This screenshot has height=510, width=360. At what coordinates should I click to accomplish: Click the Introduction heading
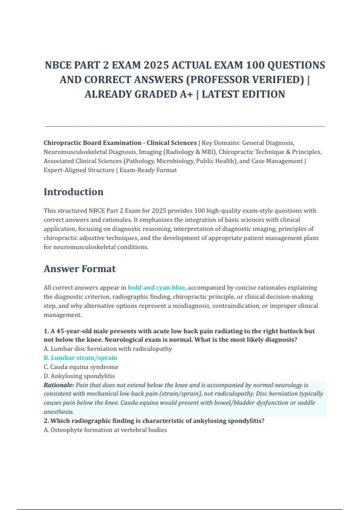click(73, 192)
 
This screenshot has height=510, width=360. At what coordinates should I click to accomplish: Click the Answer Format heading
click(79, 269)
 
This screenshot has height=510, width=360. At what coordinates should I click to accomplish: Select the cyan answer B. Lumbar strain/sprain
click(80, 358)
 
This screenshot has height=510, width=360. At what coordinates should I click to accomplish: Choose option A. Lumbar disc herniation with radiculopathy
click(108, 349)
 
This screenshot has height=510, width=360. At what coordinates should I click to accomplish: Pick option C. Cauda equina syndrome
click(81, 367)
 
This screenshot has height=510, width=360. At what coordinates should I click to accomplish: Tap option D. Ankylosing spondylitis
click(79, 376)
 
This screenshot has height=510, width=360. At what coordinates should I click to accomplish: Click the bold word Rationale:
click(59, 385)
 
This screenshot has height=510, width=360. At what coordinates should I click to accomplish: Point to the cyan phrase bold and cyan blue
click(156, 288)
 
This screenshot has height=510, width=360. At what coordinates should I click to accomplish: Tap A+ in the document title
click(186, 94)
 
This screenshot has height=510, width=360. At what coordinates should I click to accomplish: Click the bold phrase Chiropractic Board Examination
click(92, 143)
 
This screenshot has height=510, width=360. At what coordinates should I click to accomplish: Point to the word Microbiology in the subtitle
click(175, 161)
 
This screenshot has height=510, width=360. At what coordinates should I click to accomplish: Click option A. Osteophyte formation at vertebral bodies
click(105, 430)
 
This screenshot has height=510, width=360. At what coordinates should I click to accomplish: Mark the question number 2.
click(46, 421)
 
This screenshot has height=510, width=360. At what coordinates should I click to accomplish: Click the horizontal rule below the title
click(185, 127)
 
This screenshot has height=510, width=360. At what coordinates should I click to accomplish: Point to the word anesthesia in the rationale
click(58, 412)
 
